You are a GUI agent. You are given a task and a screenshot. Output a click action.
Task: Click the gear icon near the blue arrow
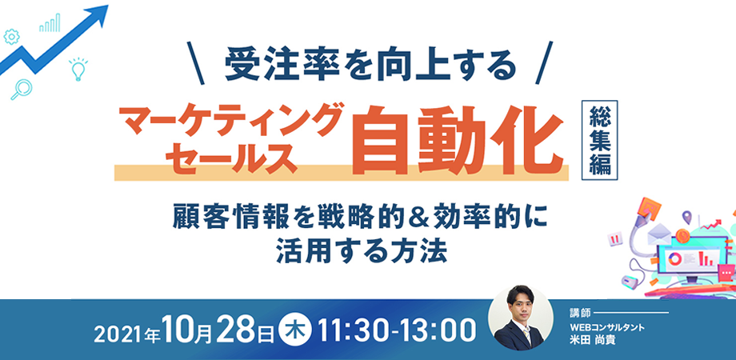pyautogui.click(x=11, y=36)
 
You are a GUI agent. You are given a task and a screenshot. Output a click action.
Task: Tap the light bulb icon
pyautogui.click(x=78, y=70)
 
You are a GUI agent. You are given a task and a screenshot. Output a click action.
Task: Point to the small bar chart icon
pyautogui.click(x=52, y=22)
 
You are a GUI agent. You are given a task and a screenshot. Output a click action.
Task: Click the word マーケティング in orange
pyautogui.click(x=226, y=121)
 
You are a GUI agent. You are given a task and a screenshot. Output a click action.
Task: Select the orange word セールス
pyautogui.click(x=226, y=154)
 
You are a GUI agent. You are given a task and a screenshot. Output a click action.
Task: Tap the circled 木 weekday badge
pyautogui.click(x=294, y=329)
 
